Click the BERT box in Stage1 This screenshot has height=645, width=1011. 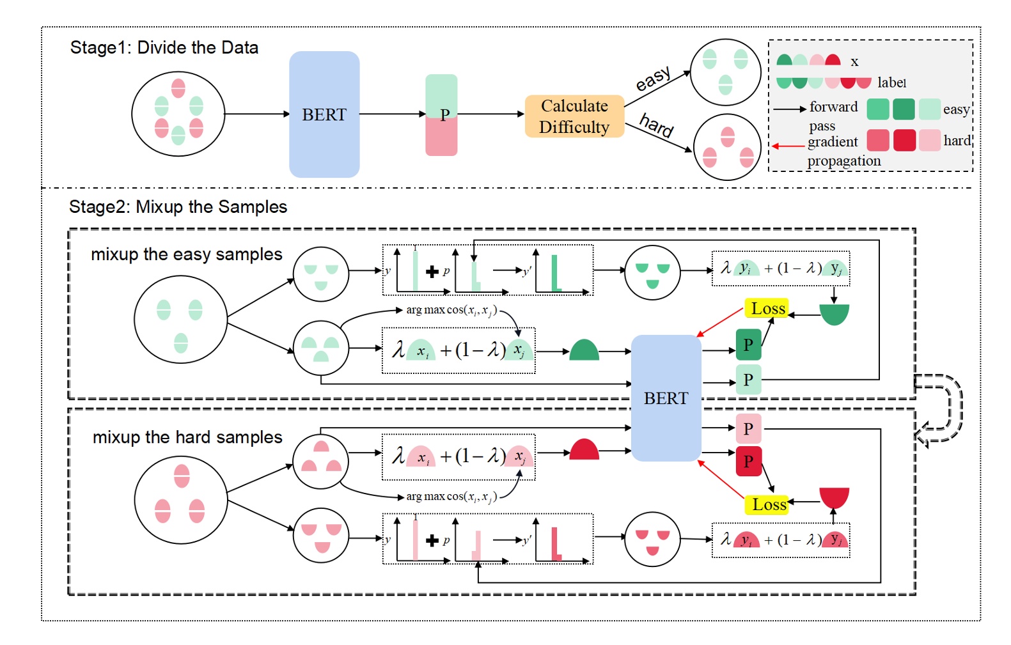324,114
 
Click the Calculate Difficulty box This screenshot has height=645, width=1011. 574,116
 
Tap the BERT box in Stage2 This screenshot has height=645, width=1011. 666,398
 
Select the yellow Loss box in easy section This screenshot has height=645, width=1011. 767,308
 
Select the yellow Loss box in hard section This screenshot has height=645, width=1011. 767,504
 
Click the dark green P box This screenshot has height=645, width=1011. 748,345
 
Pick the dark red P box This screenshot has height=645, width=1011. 748,461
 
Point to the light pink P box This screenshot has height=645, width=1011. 748,428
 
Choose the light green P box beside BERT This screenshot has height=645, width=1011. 748,380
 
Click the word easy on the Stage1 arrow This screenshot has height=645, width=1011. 653,79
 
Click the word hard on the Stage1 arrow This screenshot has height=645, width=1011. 657,125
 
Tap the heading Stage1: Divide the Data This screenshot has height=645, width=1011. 164,47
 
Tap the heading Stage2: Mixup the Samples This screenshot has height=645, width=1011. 178,206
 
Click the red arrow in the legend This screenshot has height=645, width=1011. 788,146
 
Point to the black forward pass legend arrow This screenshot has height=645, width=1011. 790,109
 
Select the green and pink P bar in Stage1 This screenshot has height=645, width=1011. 441,115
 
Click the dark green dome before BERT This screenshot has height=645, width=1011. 584,351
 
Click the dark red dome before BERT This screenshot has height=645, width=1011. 584,450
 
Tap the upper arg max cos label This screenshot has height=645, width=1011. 451,310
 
